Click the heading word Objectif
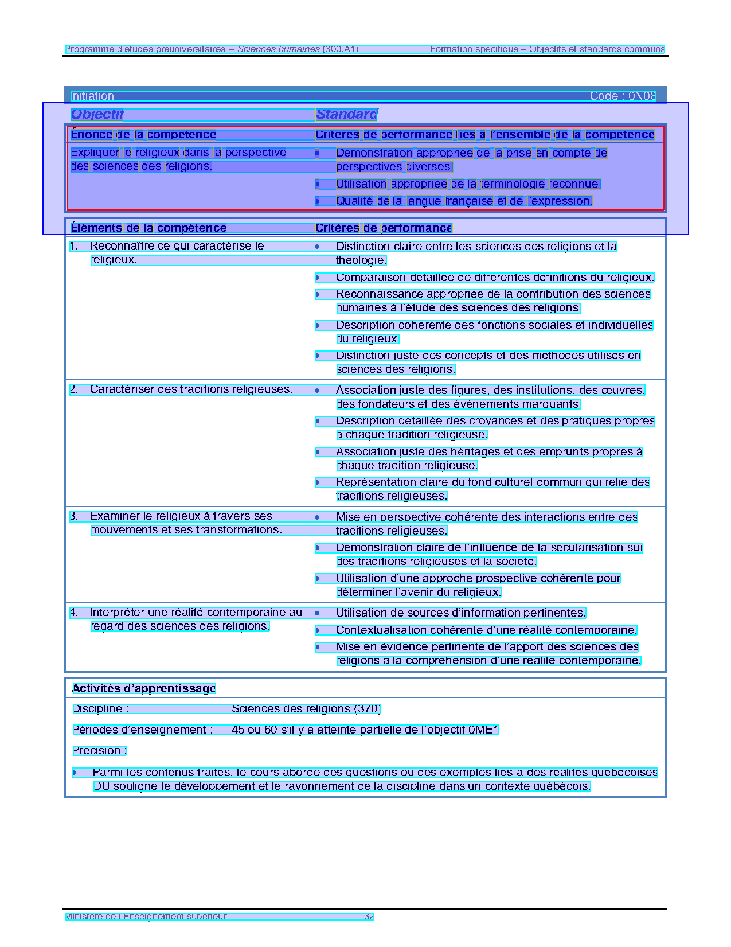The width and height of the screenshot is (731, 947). pos(97,114)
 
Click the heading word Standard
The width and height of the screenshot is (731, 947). pos(346,114)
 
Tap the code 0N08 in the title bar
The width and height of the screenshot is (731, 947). pos(642,96)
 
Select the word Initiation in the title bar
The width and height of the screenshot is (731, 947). pos(92,96)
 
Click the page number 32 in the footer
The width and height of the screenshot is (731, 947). pos(369,916)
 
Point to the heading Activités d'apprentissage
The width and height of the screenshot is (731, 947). pos(144,688)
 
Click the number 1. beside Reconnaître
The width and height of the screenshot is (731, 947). pos(74,246)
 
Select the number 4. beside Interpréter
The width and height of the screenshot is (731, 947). pos(74,613)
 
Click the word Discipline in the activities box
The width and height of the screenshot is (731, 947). pos(97,709)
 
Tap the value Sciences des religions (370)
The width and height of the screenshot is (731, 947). pos(306,709)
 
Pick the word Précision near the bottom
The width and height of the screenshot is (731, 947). pos(97,751)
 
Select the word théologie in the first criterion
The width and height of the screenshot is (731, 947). pos(361,260)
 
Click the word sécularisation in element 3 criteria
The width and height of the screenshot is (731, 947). pos(583,548)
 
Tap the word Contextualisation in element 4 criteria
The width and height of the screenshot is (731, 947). pos(378,630)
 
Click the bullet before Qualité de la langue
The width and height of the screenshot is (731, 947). pos(317,201)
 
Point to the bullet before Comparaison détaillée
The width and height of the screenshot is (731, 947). pos(317,278)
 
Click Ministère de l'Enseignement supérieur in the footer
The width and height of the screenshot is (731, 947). pos(146,916)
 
